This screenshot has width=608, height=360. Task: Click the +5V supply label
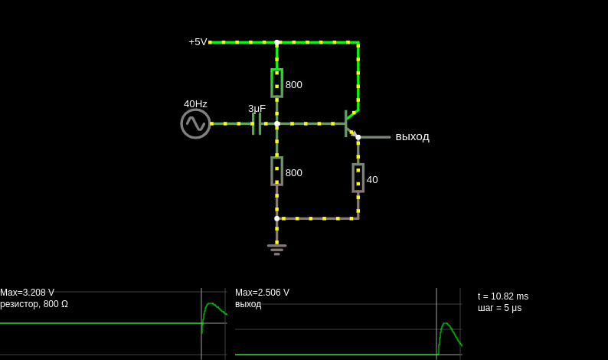pos(198,42)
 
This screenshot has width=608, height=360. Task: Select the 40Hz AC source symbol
pos(195,124)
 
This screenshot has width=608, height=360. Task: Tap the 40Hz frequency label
pos(195,104)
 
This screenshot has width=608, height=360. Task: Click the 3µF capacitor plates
pos(257,124)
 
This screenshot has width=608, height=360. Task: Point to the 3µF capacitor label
pos(257,108)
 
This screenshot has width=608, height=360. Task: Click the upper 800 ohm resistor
pos(277,83)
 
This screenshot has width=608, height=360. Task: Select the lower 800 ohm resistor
pos(277,171)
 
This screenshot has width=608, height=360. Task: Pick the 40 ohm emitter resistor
pos(358,178)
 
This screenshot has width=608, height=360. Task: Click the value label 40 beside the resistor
pos(372,179)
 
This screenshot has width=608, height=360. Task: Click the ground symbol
pos(277,249)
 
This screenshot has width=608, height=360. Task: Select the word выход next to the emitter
pos(412,137)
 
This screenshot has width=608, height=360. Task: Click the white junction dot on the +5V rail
pos(277,42)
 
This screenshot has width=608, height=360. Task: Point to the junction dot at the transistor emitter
pos(358,137)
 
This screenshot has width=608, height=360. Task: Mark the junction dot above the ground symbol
pos(277,218)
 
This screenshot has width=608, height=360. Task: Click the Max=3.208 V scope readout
pos(27,293)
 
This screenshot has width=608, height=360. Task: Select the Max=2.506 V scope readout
pos(262,293)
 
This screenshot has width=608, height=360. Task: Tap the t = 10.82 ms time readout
pos(503,296)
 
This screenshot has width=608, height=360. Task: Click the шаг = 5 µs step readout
pos(499,308)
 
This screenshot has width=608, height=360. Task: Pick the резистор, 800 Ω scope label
pos(34,304)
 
